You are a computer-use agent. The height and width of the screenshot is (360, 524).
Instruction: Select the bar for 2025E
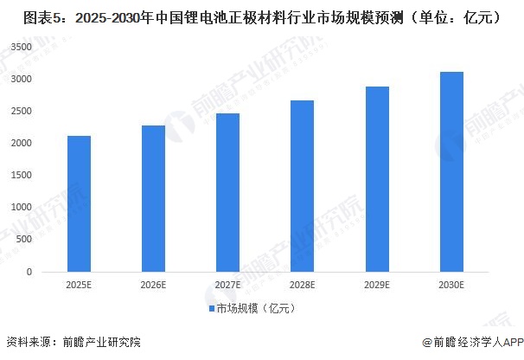(x=80, y=203)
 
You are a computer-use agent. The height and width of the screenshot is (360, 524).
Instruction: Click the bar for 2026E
(x=154, y=198)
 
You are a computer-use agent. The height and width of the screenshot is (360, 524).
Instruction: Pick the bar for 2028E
(x=302, y=186)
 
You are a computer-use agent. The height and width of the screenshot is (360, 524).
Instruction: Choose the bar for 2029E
(x=376, y=179)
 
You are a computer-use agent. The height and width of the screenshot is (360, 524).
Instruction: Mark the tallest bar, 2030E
(x=451, y=171)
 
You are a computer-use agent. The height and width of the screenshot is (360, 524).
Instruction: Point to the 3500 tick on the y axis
(x=22, y=47)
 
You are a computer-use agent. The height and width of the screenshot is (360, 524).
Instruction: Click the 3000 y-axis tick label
(x=22, y=79)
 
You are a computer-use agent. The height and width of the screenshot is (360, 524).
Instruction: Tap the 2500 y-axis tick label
(x=22, y=111)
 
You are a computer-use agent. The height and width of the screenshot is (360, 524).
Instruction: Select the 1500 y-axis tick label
(x=22, y=175)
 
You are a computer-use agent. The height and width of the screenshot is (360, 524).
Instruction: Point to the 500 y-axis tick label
(x=24, y=240)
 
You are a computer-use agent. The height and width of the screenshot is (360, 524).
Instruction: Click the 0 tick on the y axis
(x=29, y=272)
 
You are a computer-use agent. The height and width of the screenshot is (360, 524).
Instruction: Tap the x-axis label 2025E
(x=80, y=285)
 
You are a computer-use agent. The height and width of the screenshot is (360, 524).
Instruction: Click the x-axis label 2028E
(x=302, y=285)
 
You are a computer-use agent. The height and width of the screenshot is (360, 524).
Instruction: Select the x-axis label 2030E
(x=451, y=285)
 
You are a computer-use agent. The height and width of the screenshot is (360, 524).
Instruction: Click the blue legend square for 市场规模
(x=210, y=308)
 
